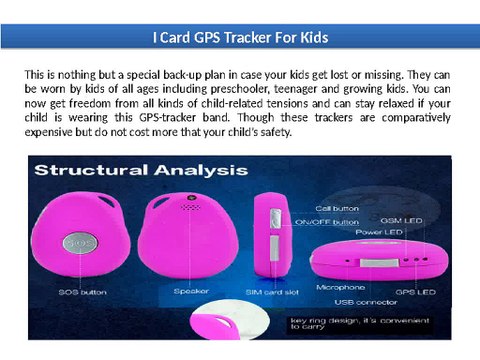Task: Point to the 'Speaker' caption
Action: [191, 292]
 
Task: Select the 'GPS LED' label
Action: [415, 292]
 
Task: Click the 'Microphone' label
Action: [340, 287]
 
